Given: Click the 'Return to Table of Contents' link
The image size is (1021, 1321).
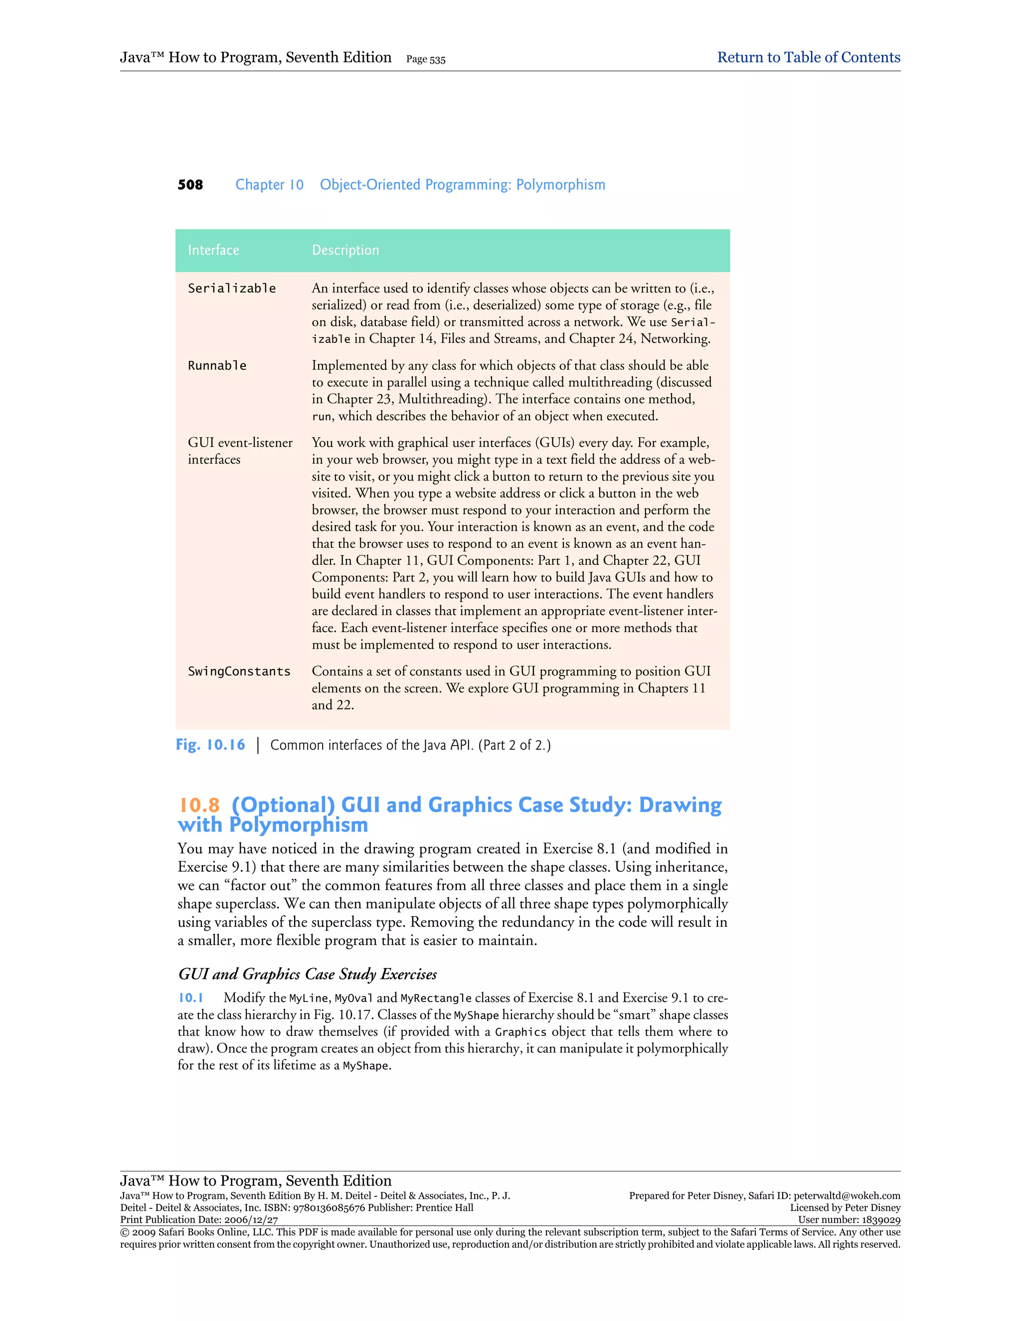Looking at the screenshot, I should [x=808, y=57].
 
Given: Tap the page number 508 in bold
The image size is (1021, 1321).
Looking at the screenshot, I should [x=190, y=185].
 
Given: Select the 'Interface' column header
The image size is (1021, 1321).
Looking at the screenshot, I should [x=213, y=250].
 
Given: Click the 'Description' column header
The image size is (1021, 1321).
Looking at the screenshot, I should [x=345, y=250].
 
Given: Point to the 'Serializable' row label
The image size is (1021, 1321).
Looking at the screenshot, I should [x=232, y=289].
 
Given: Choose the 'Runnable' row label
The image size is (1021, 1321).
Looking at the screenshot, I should [x=217, y=366].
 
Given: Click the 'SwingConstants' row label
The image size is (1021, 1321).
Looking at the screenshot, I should [x=239, y=671].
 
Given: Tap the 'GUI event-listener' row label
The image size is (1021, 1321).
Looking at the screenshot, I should [x=239, y=443].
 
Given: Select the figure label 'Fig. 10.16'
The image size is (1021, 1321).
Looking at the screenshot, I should [x=210, y=745].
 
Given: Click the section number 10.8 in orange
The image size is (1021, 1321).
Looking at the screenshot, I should [x=199, y=805].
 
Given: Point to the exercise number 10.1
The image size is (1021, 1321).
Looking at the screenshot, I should [x=190, y=997].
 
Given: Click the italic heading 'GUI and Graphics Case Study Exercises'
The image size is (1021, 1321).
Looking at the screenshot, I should [x=307, y=974].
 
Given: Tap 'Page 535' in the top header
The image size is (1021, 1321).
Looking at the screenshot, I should [x=426, y=59].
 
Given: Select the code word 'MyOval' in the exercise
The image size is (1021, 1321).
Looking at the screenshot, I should [x=354, y=998].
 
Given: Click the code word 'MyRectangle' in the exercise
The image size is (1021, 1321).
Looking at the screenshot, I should [x=436, y=998].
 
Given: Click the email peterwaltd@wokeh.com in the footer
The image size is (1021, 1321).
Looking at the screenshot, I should [x=847, y=1196].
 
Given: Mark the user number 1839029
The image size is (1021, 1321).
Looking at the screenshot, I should [x=880, y=1220].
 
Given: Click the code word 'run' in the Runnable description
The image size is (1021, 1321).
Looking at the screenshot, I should [x=322, y=417].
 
